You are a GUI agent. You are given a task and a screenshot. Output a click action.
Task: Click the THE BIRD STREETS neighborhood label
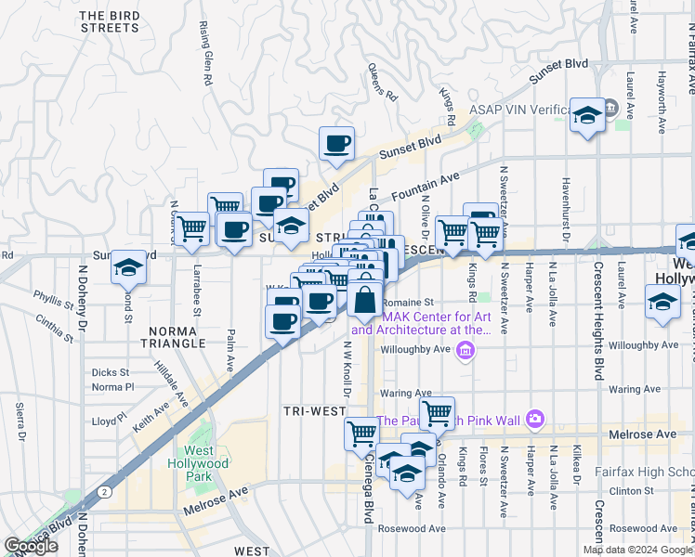109,21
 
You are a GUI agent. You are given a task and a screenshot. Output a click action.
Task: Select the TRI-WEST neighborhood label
315,410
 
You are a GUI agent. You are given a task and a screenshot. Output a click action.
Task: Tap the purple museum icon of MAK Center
466,350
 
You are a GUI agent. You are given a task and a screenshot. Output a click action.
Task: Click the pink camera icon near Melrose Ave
534,420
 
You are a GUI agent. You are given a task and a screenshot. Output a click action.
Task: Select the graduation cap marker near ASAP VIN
586,117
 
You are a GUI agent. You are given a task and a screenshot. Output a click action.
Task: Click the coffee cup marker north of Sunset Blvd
336,144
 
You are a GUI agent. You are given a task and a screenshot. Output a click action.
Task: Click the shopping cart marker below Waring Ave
436,413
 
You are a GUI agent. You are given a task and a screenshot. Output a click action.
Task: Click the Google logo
31,546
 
